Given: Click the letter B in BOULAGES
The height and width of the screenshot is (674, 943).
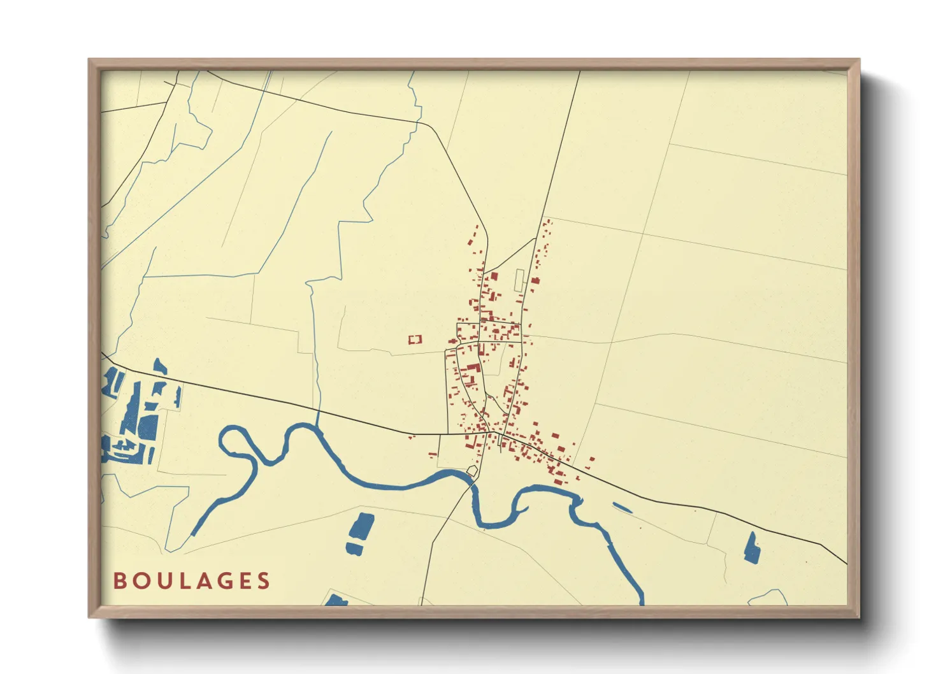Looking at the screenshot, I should tap(119, 581).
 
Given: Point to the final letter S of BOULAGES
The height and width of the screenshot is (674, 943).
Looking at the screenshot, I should tap(264, 581).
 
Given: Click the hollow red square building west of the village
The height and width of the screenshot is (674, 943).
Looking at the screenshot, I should tap(415, 340).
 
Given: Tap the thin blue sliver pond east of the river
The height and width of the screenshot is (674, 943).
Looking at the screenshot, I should tap(622, 508).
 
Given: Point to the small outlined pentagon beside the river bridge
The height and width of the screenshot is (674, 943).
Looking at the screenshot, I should tap(472, 471).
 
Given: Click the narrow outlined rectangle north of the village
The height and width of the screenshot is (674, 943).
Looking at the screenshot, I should tap(519, 281).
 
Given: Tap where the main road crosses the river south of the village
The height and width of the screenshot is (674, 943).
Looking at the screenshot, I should tap(472, 481).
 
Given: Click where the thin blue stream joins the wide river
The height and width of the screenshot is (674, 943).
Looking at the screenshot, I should tap(317, 426).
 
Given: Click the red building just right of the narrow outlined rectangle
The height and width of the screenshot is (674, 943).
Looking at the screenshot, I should tap(535, 280).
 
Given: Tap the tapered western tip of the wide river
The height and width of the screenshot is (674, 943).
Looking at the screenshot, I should tap(193, 534).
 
